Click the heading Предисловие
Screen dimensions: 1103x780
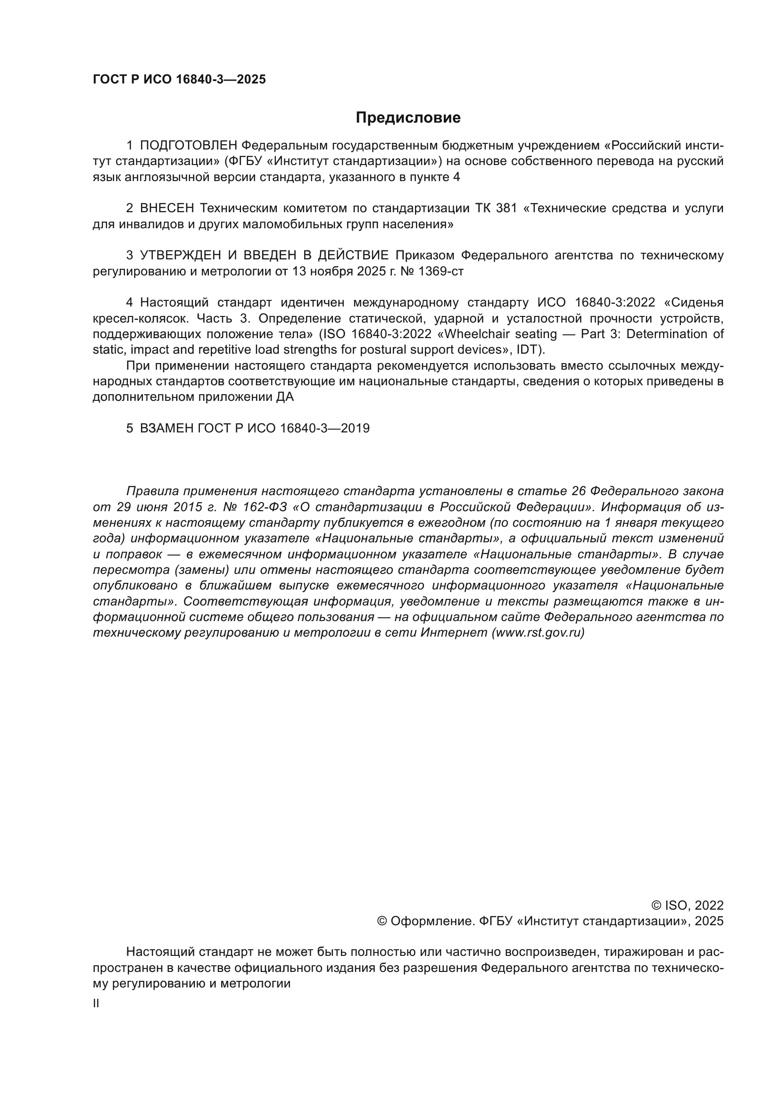408,118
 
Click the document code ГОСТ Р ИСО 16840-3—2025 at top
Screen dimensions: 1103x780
179,80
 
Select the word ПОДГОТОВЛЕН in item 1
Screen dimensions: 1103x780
189,146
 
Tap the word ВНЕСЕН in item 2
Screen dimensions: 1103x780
167,208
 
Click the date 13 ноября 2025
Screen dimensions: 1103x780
322,272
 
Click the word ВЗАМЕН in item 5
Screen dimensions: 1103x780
166,429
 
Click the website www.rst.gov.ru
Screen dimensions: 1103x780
538,633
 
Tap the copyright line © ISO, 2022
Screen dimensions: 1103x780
687,905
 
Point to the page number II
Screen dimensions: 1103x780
96,1003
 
